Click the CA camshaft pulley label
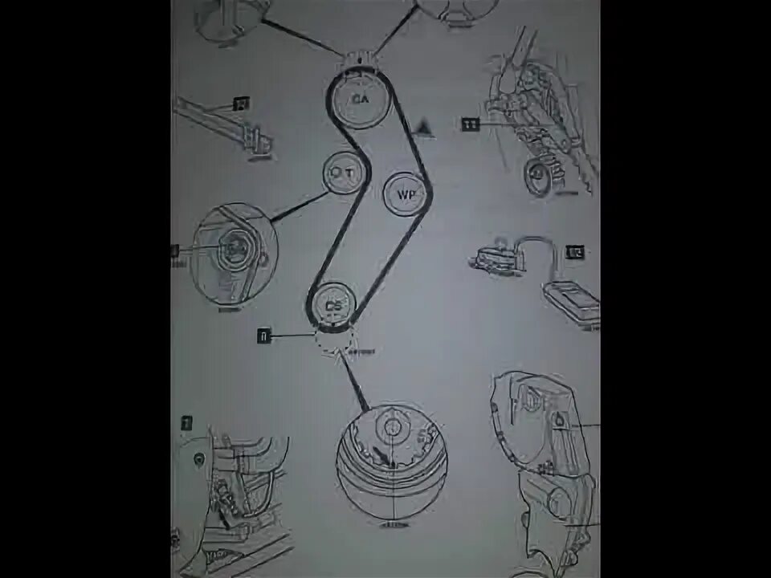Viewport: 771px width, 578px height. point(359,98)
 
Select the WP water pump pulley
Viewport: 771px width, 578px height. point(405,194)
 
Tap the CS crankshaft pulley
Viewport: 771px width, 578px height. point(332,305)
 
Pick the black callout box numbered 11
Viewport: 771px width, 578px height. point(470,124)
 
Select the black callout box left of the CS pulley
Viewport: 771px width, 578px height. point(263,336)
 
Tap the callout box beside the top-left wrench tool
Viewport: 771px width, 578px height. point(240,104)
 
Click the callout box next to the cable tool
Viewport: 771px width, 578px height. point(575,253)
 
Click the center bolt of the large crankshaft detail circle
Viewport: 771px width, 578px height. point(391,426)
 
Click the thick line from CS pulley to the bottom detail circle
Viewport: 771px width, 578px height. point(356,385)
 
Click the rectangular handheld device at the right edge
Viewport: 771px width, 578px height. point(572,306)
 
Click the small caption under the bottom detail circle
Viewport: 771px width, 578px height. point(393,526)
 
